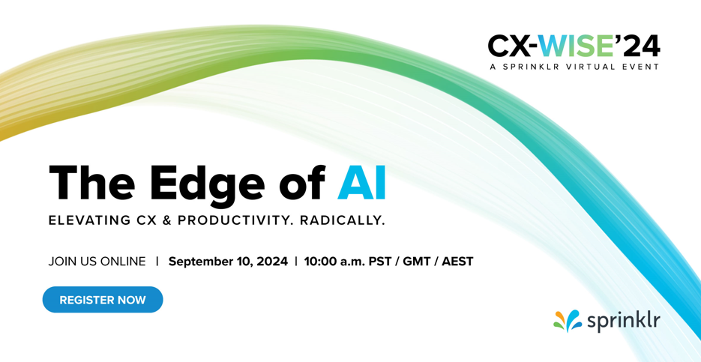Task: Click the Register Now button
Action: pyautogui.click(x=103, y=300)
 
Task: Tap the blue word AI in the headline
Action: pyautogui.click(x=361, y=183)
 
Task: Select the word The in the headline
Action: pyautogui.click(x=89, y=183)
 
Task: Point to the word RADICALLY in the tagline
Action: pyautogui.click(x=342, y=221)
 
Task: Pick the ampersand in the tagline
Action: pyautogui.click(x=169, y=221)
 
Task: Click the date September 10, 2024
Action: pyautogui.click(x=228, y=262)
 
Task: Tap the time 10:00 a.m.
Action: pyautogui.click(x=334, y=262)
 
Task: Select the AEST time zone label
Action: pyautogui.click(x=457, y=262)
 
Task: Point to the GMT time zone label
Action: pyautogui.click(x=417, y=262)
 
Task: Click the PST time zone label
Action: pyautogui.click(x=380, y=262)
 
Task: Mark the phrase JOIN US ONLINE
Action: pyautogui.click(x=97, y=262)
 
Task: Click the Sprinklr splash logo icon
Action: pyautogui.click(x=568, y=321)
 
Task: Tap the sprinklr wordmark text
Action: pyautogui.click(x=623, y=322)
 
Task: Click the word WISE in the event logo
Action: pyautogui.click(x=577, y=46)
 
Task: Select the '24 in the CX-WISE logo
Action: pyautogui.click(x=640, y=46)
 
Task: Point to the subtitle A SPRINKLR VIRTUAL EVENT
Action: pyautogui.click(x=574, y=67)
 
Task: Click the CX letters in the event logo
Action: pyautogui.click(x=507, y=46)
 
